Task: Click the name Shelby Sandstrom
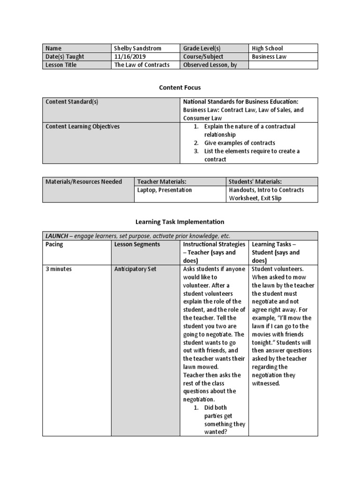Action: point(137,48)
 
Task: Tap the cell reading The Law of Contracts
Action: point(142,65)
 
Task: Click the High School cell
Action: point(267,48)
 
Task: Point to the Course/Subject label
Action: point(203,57)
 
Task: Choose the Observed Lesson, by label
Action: point(210,65)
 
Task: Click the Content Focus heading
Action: point(180,87)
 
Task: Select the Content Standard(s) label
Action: point(72,102)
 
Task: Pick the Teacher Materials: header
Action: point(162,182)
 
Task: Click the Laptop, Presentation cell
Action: point(165,190)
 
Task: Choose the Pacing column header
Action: point(54,244)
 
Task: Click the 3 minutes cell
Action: point(59,269)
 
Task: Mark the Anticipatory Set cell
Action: point(135,269)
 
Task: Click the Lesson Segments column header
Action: point(137,244)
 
